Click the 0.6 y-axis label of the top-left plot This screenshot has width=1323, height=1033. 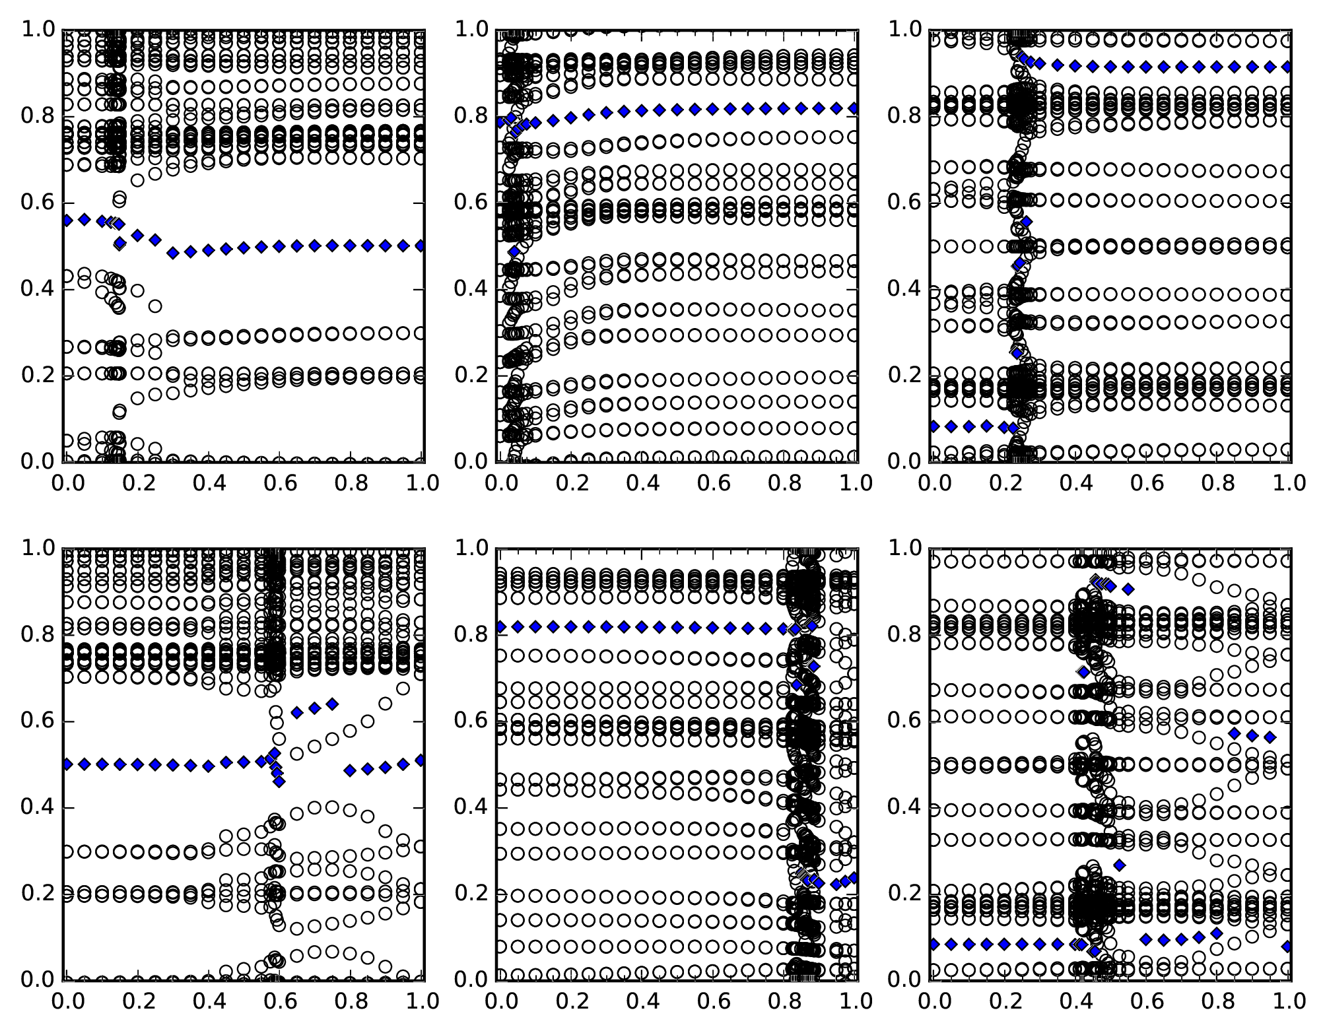[x=38, y=203]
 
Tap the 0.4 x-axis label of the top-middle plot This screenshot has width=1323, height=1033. [x=642, y=483]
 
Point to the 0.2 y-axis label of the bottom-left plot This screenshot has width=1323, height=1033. [x=38, y=894]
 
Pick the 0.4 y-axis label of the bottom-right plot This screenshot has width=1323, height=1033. [x=904, y=807]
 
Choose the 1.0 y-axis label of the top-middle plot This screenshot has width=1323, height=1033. [x=471, y=30]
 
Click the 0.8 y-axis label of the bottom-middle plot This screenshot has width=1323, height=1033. [x=471, y=635]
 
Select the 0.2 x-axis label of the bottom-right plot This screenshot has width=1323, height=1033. [x=1004, y=1001]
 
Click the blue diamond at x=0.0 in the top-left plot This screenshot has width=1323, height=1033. [x=67, y=220]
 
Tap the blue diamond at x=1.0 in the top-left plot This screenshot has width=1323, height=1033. [x=421, y=246]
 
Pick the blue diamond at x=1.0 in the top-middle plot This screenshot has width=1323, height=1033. [x=854, y=108]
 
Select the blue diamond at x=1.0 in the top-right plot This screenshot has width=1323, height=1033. [x=1287, y=67]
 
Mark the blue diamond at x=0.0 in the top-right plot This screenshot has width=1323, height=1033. [x=933, y=426]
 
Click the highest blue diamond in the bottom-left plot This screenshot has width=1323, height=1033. [x=332, y=704]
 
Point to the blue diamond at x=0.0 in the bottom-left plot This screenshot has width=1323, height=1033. [x=67, y=764]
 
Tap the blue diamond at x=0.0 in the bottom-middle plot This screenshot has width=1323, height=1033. [x=500, y=626]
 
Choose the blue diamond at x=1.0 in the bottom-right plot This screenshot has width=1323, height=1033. [x=1287, y=947]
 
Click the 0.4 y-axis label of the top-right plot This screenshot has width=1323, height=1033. [x=904, y=289]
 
